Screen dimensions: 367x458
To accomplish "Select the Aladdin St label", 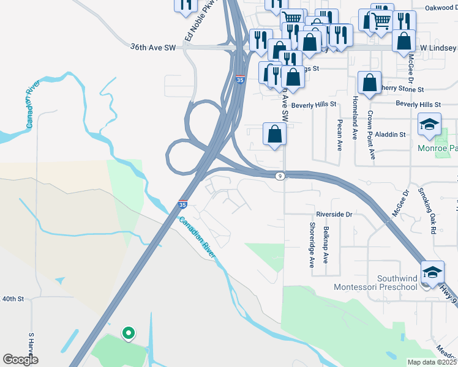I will (391, 134).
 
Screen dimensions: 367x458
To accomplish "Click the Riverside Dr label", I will (334, 215).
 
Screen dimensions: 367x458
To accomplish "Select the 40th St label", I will (12, 299).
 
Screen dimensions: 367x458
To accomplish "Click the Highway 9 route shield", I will (279, 176).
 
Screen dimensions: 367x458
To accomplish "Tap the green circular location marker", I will (128, 333).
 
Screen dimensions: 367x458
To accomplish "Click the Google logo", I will (20, 360).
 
